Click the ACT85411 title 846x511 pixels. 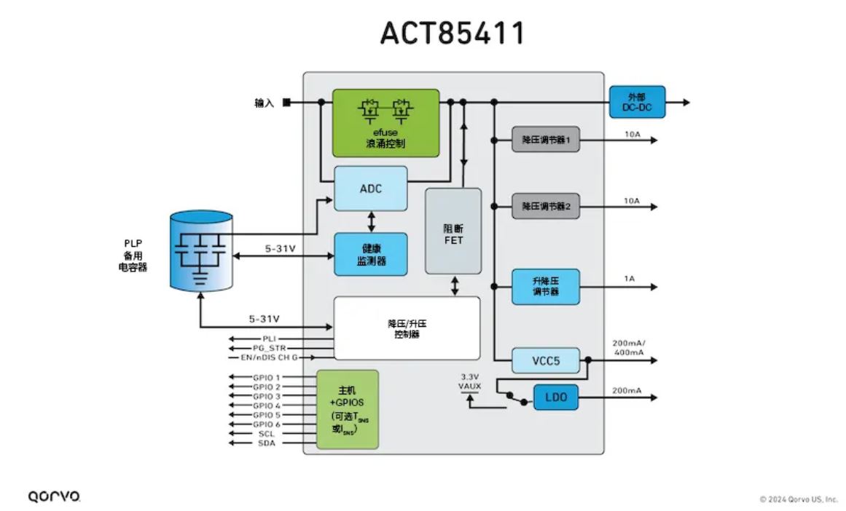452,33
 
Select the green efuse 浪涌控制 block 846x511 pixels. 385,122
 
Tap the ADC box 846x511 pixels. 370,189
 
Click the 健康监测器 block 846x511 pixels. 370,254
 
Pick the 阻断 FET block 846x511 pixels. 453,231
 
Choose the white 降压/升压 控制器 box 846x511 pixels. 407,328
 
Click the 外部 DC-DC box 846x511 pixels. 636,103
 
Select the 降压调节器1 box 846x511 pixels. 545,139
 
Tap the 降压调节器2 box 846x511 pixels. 545,207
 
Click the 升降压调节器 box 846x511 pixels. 545,286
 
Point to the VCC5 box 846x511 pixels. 545,360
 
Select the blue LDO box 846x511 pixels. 560,397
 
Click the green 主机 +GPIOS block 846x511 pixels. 348,409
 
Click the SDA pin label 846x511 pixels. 266,443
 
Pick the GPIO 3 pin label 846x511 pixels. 266,396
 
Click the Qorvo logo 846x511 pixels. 55,496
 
